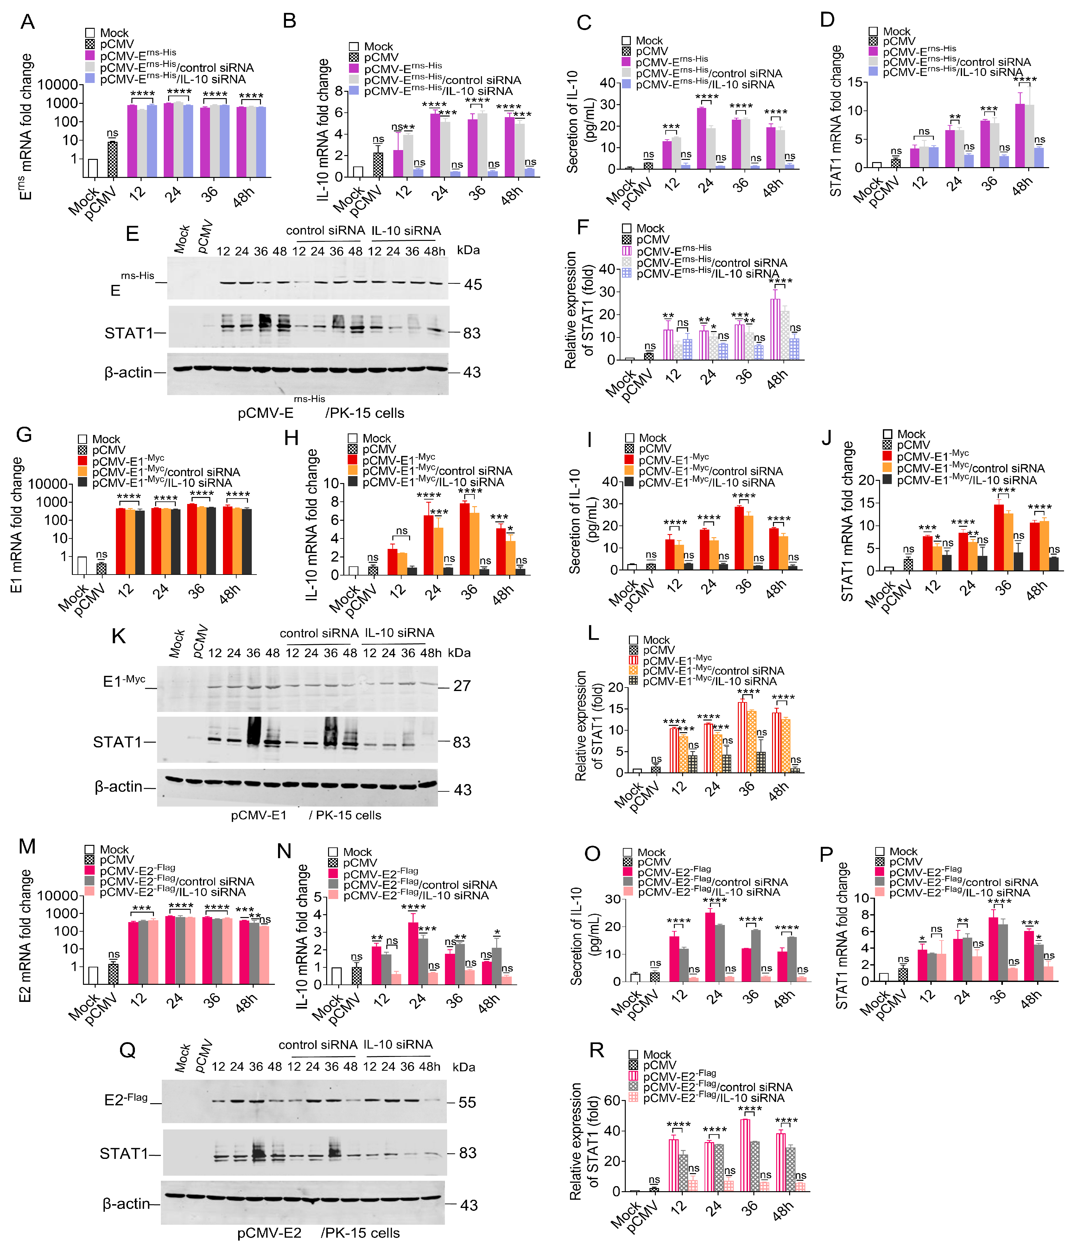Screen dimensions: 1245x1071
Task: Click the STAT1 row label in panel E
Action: click(x=129, y=333)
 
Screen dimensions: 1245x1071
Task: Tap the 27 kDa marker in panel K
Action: click(x=462, y=686)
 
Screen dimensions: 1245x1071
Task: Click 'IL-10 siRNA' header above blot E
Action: click(x=406, y=231)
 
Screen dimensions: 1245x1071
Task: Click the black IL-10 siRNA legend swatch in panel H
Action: click(x=353, y=482)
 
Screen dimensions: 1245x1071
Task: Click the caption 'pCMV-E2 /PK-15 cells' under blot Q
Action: click(x=319, y=1233)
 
